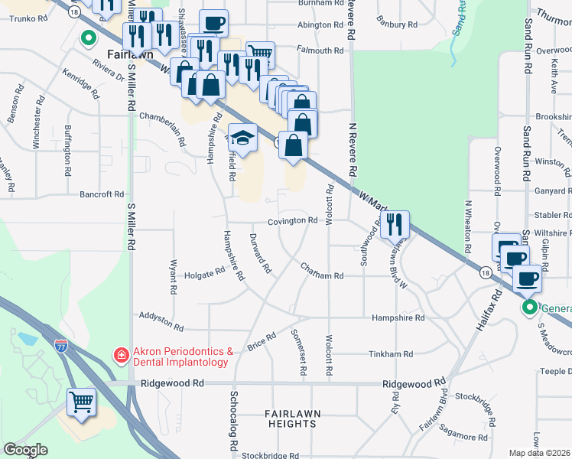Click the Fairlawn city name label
click(132, 55)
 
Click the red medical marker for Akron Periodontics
click(121, 355)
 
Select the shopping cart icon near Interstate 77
click(82, 402)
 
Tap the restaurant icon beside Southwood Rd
click(395, 225)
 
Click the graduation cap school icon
click(242, 139)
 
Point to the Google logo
click(25, 450)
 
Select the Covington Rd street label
click(292, 221)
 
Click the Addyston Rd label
click(161, 321)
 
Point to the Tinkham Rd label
click(391, 354)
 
